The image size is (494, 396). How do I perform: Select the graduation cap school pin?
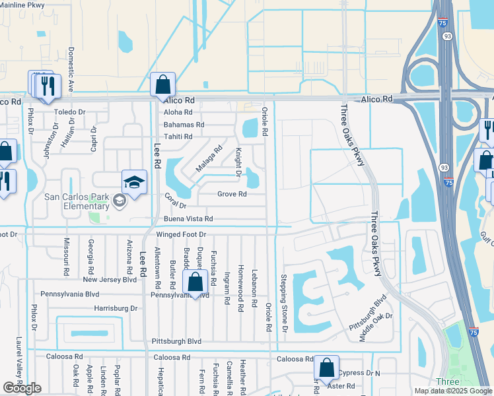133,183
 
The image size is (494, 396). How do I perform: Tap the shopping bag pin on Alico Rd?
162,86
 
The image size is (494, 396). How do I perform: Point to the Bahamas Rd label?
184,124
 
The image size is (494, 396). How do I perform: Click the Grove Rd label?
232,194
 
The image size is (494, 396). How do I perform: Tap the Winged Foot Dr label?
182,234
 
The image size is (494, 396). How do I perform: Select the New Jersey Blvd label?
110,279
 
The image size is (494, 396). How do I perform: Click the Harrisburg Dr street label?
116,308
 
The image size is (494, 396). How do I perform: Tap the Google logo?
22,388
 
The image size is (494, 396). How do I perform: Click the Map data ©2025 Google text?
452,391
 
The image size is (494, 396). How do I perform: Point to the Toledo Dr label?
70,112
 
